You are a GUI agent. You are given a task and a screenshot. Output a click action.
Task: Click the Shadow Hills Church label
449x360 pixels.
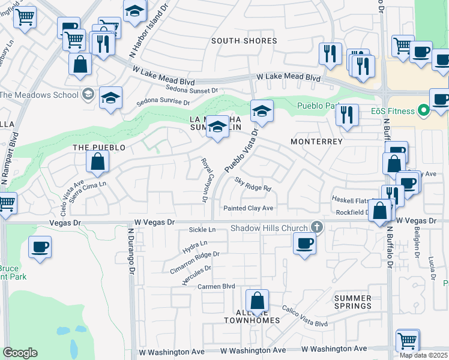point(270,228)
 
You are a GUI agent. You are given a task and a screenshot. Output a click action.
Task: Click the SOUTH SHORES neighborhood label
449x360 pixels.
point(244,41)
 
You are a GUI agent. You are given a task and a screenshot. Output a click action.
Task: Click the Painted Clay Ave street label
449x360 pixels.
point(248,208)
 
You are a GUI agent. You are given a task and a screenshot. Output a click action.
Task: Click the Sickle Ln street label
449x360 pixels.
point(202,230)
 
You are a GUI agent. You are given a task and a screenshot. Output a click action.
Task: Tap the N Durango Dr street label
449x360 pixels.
point(130,248)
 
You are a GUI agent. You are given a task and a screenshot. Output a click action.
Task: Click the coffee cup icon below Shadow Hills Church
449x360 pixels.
point(304,244)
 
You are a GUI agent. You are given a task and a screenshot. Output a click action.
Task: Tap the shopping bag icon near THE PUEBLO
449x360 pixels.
point(97,161)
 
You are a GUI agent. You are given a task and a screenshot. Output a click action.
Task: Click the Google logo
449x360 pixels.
point(20,353)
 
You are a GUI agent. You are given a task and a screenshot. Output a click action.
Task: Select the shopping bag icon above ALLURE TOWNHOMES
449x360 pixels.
point(257,300)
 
